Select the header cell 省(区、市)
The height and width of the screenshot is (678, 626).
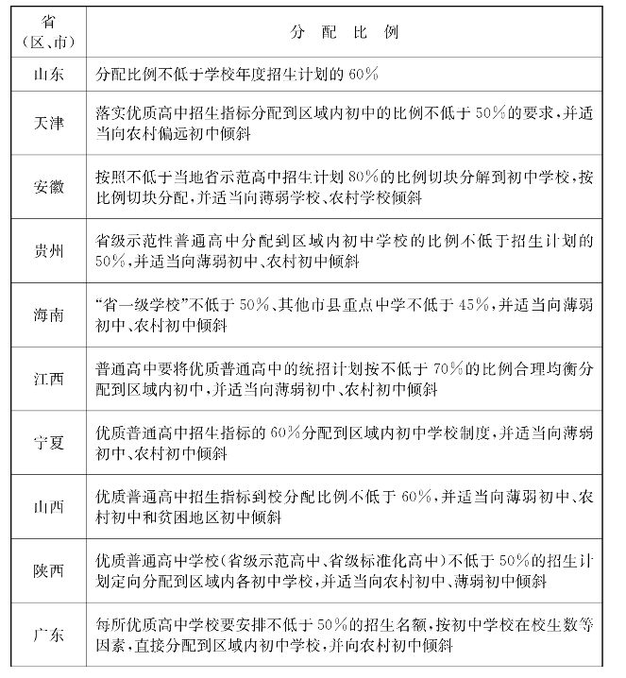(48, 31)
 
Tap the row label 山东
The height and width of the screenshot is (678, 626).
(48, 74)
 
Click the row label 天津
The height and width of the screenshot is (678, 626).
(48, 124)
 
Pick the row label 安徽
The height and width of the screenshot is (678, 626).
(48, 188)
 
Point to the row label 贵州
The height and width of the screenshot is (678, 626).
(48, 251)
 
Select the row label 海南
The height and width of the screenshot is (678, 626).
(48, 314)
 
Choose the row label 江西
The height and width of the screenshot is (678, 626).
(48, 379)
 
